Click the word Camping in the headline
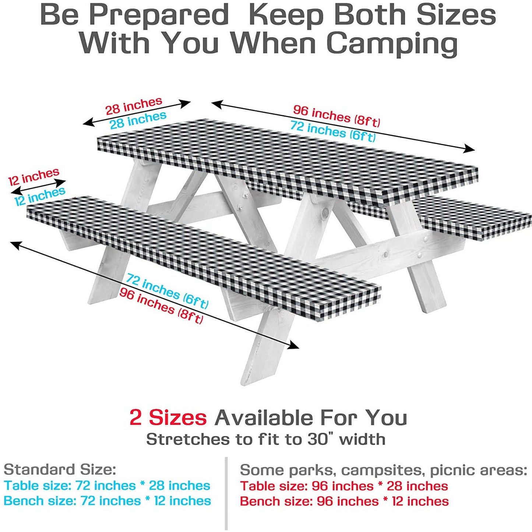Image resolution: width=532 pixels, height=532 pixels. [392, 43]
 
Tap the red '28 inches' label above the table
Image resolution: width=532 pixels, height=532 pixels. [134, 106]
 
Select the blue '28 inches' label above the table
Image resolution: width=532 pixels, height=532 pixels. [138, 120]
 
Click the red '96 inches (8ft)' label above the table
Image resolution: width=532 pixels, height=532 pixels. [337, 115]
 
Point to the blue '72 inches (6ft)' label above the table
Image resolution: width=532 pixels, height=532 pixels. [333, 131]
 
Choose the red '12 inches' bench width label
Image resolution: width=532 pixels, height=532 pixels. [34, 177]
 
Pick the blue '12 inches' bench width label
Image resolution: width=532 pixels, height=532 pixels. [40, 196]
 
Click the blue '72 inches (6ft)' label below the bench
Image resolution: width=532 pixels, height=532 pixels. [168, 291]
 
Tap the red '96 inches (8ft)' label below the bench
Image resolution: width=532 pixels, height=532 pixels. [161, 306]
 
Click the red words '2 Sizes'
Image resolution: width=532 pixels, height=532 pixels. [168, 418]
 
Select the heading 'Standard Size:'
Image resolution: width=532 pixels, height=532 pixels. [60, 469]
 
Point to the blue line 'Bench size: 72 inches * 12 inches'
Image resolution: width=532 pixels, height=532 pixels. [107, 501]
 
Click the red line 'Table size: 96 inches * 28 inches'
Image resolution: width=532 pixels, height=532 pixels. [344, 486]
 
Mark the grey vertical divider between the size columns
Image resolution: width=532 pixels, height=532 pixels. [226, 493]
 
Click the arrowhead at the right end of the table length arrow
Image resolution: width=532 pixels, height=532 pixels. [470, 149]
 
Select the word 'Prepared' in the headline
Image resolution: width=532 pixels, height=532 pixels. [159, 15]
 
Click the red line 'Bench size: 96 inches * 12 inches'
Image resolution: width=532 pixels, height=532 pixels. [344, 501]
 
